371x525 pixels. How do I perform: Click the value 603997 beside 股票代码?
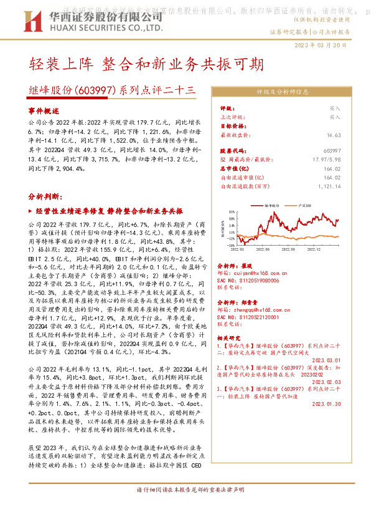click(332, 151)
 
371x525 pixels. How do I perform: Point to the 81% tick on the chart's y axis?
click(232, 211)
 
